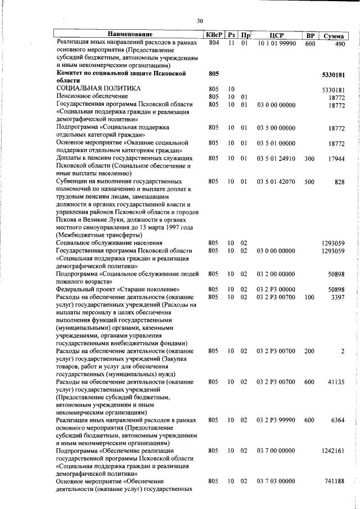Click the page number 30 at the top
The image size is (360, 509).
tap(200, 21)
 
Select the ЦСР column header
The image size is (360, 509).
tap(275, 35)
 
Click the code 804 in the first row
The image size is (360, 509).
tap(213, 43)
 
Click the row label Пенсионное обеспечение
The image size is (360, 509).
tap(92, 97)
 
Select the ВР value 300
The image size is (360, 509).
tap(309, 159)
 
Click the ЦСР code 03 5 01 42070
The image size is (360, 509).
tap(276, 182)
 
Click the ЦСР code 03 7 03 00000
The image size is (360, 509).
tap(276, 482)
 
